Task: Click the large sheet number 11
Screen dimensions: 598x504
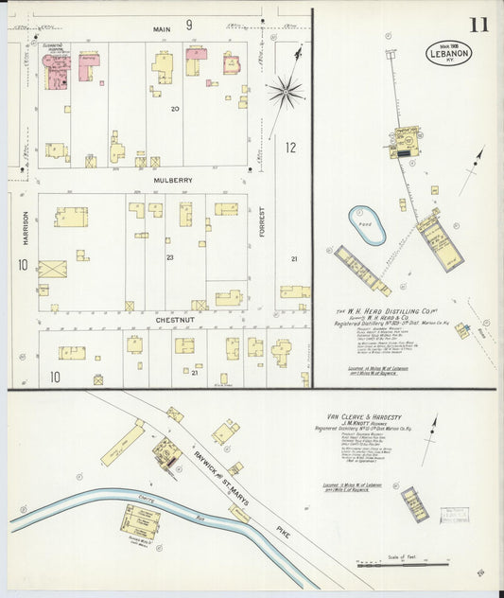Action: pos(478,24)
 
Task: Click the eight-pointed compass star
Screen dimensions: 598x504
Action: pos(285,92)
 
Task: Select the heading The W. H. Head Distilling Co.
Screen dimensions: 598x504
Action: pos(385,310)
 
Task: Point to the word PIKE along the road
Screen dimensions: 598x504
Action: pos(284,535)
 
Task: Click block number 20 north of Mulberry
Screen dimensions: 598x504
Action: pos(174,109)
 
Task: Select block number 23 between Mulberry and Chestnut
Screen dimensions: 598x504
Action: pos(170,257)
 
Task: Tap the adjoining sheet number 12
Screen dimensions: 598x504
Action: pos(291,147)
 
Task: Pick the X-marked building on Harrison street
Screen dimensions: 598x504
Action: pos(53,269)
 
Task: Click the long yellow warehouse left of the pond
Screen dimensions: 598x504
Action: pos(362,271)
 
